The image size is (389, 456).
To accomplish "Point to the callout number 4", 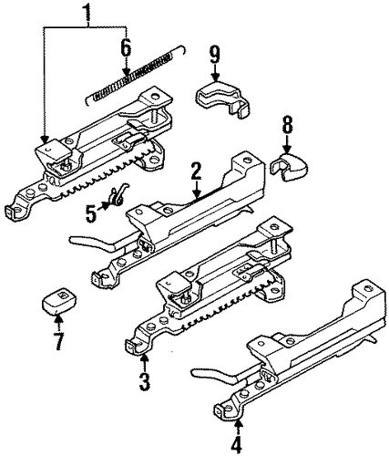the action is coord(236,445).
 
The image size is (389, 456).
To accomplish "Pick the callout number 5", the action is coord(91,212).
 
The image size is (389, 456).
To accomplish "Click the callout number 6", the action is coord(126,48).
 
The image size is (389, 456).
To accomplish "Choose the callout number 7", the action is coord(58,341).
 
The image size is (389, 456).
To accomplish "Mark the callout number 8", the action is coord(288,125).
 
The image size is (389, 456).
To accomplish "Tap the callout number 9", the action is coord(215,55).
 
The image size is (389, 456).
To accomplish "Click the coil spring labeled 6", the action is coord(136,75).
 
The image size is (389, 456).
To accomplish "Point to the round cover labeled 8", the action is coord(289,167).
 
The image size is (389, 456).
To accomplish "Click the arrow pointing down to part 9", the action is coord(215,73).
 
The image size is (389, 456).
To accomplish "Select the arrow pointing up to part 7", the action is coord(58,324).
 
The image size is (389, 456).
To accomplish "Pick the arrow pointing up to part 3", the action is coord(145,362).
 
